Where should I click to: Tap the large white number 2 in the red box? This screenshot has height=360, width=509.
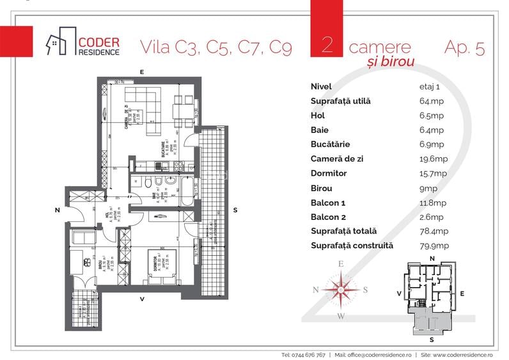click(327, 45)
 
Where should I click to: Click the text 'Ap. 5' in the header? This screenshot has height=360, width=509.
click(463, 47)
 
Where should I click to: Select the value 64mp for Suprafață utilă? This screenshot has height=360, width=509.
click(422, 101)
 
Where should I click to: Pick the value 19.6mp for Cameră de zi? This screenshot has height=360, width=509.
click(425, 159)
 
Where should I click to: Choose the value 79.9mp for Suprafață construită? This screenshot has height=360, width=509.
click(425, 246)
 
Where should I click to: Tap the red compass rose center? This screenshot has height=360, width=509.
click(341, 289)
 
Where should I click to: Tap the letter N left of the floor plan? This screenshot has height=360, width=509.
click(57, 210)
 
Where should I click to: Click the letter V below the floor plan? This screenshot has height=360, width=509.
click(143, 298)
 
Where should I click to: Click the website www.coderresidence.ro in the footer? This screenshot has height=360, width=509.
click(465, 354)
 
